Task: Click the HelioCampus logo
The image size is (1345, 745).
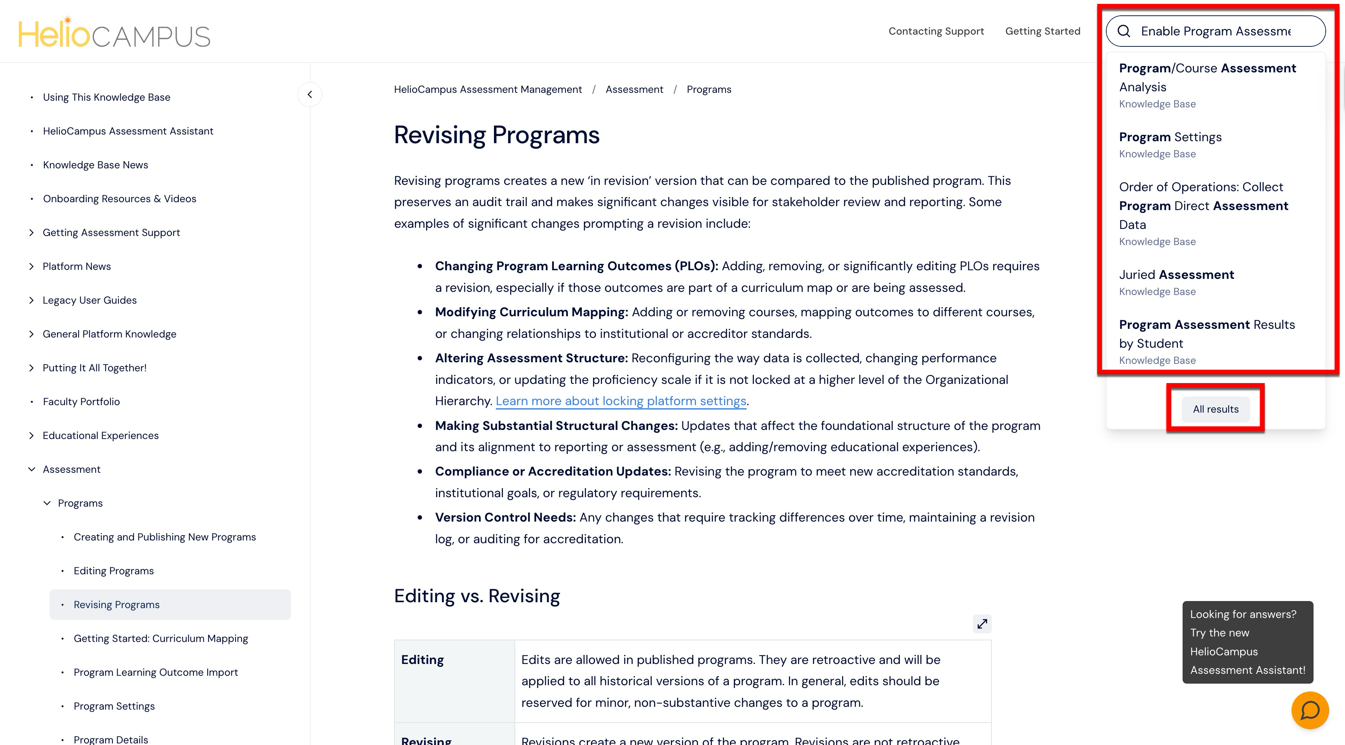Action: tap(114, 33)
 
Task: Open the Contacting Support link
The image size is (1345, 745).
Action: tap(936, 31)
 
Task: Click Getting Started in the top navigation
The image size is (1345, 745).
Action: tap(1042, 31)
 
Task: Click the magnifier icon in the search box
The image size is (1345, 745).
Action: tap(1124, 31)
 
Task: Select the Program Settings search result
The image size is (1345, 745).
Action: tap(1170, 137)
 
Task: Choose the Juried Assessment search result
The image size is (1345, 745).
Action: tap(1176, 275)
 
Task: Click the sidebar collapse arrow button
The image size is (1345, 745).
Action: tap(310, 94)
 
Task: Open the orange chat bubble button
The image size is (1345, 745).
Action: tap(1310, 710)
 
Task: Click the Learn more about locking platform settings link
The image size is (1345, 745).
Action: tap(621, 401)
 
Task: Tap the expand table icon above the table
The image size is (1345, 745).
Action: tap(982, 624)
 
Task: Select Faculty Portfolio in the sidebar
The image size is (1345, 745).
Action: tap(81, 402)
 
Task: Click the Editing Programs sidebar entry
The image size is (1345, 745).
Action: tap(113, 571)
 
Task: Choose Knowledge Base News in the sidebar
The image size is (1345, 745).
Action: tap(95, 165)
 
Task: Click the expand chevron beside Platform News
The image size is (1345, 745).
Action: tap(31, 266)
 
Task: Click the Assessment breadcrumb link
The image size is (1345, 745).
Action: tap(634, 89)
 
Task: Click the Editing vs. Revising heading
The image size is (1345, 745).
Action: tap(476, 596)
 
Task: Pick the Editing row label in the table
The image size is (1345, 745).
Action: tap(422, 660)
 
